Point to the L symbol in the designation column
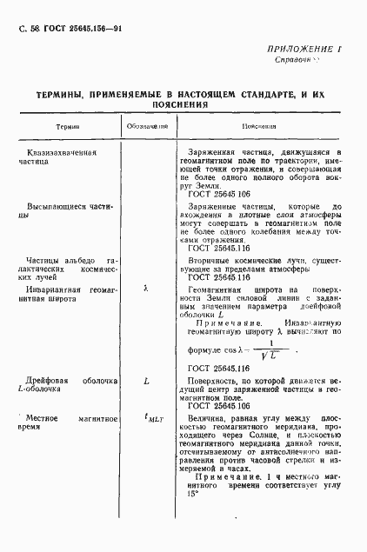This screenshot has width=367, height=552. pos(145,381)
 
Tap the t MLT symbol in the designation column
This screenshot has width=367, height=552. pos(148,418)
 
